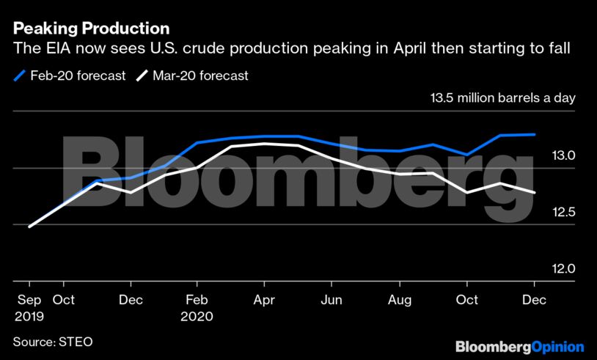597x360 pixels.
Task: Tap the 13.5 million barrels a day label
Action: click(504, 99)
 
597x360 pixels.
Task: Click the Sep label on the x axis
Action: click(29, 300)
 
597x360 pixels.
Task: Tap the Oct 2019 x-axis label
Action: click(64, 300)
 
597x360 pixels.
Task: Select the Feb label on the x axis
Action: click(197, 300)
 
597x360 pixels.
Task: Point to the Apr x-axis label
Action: click(265, 300)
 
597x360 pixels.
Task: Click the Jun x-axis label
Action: click(332, 300)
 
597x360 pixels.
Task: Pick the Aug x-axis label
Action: click(400, 300)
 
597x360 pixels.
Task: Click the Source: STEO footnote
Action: click(53, 342)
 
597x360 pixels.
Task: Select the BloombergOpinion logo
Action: click(519, 346)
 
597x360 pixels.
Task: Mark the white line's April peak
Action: click(265, 144)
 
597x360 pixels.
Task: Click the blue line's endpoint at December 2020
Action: click(535, 134)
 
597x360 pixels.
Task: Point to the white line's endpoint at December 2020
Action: click(535, 193)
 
